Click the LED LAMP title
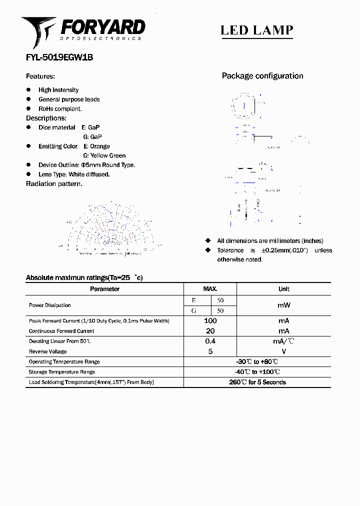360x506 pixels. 256,30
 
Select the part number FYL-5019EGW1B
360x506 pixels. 59,57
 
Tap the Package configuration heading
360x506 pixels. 262,76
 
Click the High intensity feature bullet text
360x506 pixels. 58,90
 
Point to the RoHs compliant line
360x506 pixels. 60,108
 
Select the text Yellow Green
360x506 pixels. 108,155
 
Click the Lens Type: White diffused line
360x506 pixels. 74,174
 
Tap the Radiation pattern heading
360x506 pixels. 54,183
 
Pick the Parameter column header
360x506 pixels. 104,289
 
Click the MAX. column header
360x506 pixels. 210,289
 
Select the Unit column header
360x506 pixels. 283,289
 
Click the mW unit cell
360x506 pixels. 283,305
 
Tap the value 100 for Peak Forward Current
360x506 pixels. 210,320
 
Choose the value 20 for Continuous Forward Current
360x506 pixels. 210,331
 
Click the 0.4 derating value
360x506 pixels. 210,341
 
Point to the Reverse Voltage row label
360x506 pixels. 47,351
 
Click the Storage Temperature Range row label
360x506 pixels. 62,372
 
